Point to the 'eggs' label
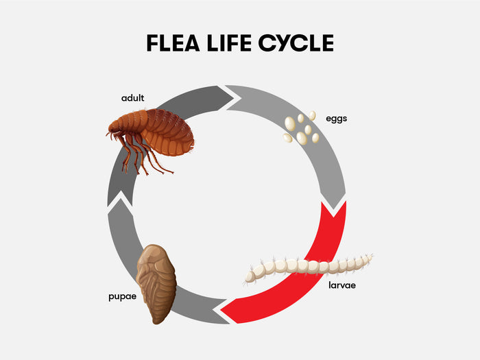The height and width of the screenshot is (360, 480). click(x=337, y=118)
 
